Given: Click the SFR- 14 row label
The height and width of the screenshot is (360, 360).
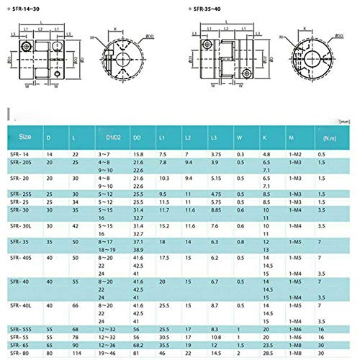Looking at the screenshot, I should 22,154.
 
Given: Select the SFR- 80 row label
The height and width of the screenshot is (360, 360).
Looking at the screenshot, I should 22,354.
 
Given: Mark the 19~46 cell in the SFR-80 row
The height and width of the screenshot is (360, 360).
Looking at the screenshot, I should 107,354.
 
